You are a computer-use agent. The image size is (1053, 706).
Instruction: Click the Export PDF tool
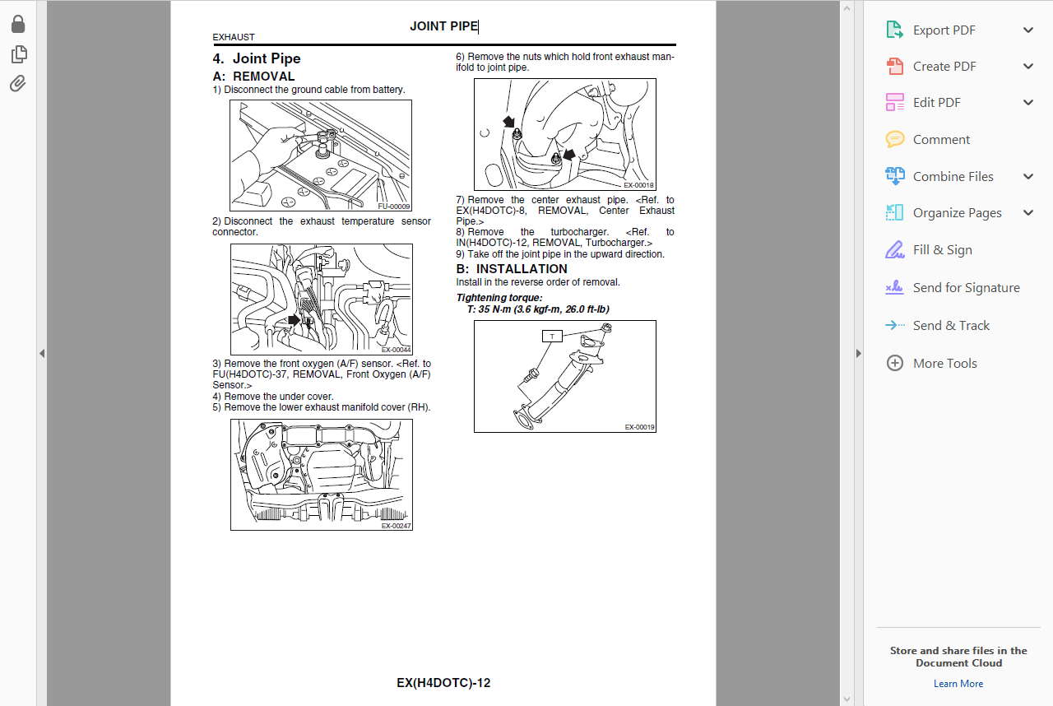[x=944, y=30]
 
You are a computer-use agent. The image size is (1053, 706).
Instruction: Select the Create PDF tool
[x=944, y=67]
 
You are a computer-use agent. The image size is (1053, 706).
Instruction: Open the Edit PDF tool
[x=936, y=103]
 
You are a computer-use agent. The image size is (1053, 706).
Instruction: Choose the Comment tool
[x=941, y=140]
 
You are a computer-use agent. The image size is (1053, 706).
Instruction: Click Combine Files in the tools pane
[x=953, y=177]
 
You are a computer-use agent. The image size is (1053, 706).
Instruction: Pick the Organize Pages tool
[x=957, y=213]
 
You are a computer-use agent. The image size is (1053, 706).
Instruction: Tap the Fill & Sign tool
[x=942, y=250]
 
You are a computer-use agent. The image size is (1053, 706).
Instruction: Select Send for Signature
[x=966, y=288]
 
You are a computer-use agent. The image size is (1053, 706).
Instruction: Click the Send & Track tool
[x=951, y=326]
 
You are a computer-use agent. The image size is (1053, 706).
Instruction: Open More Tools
[x=944, y=364]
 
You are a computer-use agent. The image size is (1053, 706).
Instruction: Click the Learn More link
[x=958, y=684]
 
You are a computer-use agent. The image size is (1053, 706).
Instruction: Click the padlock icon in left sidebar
[x=18, y=25]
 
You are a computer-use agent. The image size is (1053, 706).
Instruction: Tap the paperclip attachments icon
[x=18, y=83]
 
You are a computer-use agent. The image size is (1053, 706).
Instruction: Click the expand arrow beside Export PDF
[x=1027, y=30]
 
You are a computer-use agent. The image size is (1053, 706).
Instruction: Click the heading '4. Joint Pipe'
[x=257, y=58]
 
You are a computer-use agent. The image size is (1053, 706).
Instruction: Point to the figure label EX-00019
[x=639, y=427]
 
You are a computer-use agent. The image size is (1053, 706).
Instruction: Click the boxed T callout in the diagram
[x=551, y=336]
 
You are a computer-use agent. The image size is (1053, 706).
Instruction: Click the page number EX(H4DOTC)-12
[x=443, y=683]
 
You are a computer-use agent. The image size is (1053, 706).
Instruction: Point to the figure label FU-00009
[x=394, y=207]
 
